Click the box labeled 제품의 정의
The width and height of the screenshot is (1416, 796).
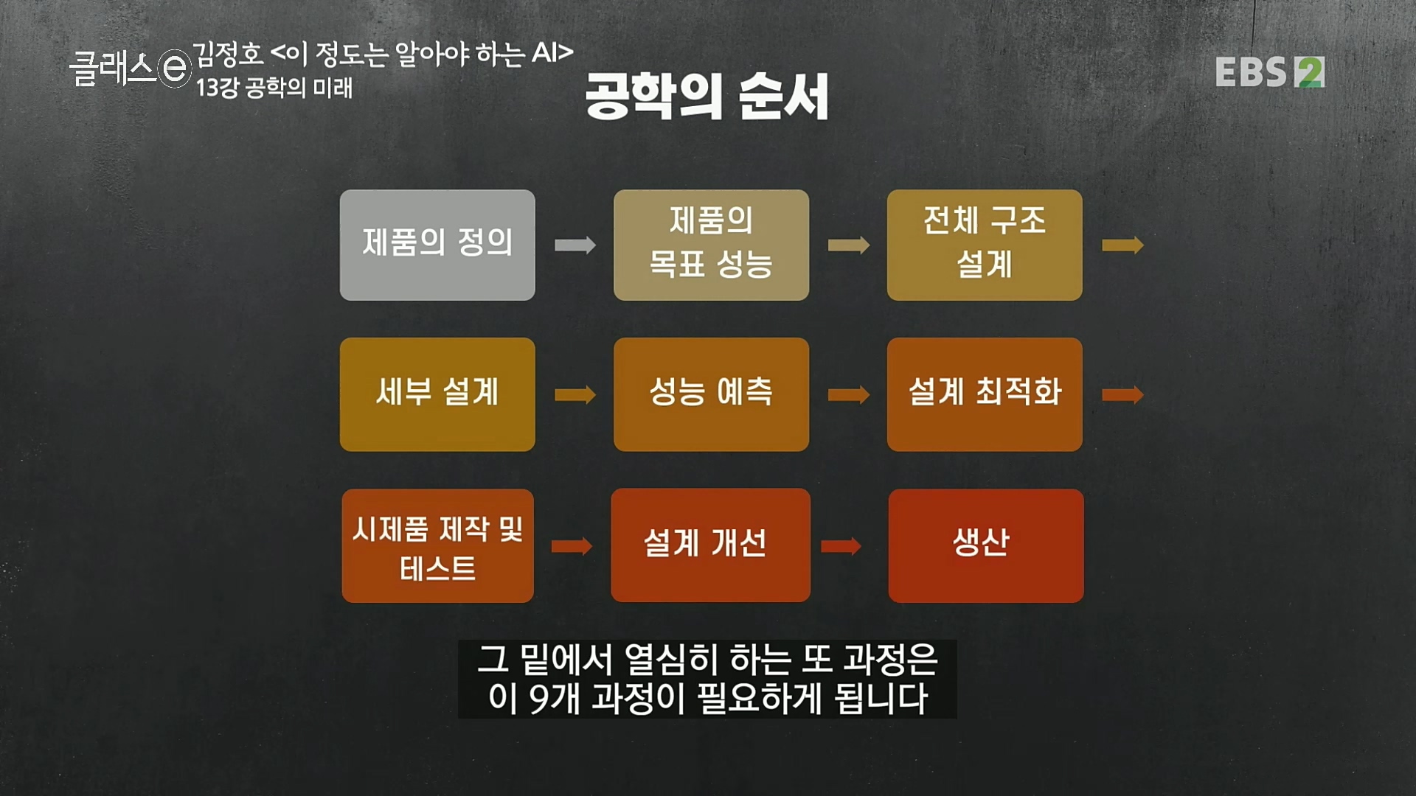coord(437,245)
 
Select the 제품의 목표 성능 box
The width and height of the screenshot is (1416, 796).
coord(711,245)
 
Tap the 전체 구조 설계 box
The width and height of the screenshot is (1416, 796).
coord(985,245)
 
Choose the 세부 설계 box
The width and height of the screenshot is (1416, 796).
coord(437,394)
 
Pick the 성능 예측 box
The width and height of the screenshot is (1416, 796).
coord(711,394)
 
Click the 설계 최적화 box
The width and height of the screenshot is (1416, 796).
coord(985,394)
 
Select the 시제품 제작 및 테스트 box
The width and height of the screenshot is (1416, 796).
coord(437,546)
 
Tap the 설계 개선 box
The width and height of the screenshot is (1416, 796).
coord(710,545)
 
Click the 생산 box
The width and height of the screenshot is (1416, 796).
coord(986,546)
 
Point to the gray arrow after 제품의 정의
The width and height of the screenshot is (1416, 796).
coord(575,245)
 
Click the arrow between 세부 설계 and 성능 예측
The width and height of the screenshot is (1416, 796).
coord(575,395)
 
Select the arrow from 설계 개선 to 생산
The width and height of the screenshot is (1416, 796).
coord(841,546)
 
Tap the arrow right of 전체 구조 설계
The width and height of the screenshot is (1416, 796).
coord(1122,245)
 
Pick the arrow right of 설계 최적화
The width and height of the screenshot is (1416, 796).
coord(1122,395)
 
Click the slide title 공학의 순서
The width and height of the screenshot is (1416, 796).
coord(707,97)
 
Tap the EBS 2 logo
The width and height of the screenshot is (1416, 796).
coord(1269,72)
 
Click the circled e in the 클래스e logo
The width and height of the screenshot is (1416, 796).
coord(175,69)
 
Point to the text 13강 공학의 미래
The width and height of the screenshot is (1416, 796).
coord(274,88)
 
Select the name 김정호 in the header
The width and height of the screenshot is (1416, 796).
coord(228,53)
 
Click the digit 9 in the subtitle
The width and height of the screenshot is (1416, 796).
coord(542,699)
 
